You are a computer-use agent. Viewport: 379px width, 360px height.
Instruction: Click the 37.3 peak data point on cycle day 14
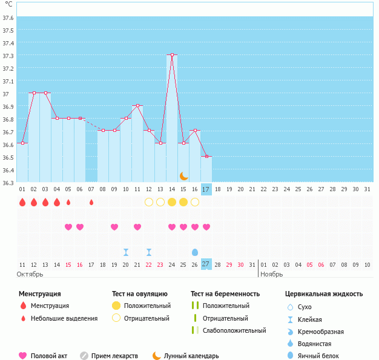click(173, 54)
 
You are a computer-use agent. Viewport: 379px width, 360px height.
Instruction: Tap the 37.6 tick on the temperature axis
click(8, 18)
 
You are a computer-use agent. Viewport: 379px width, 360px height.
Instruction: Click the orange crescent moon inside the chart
click(183, 176)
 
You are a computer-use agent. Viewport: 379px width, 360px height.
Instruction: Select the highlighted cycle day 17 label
click(206, 189)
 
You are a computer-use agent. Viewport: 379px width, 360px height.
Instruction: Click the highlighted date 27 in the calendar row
click(206, 264)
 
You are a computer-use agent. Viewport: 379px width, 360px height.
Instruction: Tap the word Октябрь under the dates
click(31, 274)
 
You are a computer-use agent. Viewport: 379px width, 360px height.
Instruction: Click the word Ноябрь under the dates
click(272, 274)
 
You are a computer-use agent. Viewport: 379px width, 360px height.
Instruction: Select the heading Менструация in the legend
click(40, 294)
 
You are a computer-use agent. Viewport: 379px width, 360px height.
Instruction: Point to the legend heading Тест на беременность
click(225, 294)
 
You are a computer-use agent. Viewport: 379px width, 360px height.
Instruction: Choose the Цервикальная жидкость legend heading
click(324, 294)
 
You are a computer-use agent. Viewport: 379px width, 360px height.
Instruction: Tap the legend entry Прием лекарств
click(114, 356)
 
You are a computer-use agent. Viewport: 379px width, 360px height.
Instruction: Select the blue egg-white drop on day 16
click(195, 252)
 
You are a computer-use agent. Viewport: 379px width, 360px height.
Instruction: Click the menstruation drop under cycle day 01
click(22, 202)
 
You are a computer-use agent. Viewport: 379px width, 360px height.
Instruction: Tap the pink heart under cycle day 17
click(206, 227)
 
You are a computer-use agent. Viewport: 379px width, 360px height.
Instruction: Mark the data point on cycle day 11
click(138, 105)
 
